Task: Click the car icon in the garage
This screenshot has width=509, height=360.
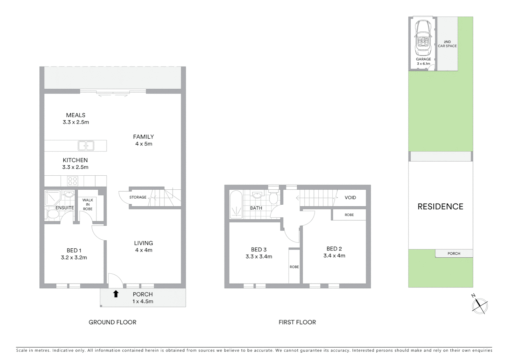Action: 423,39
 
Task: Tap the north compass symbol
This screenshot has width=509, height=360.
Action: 479,305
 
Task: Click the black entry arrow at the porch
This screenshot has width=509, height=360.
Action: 116,294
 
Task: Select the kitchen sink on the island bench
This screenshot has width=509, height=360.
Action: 86,146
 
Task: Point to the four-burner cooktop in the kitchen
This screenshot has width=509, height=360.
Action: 72,181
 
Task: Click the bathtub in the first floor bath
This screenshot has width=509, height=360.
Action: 236,204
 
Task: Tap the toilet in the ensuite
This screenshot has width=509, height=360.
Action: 53,214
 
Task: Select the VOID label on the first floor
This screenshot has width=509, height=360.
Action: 350,198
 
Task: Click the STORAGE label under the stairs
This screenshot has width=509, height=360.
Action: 138,197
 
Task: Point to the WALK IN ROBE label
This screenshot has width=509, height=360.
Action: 88,204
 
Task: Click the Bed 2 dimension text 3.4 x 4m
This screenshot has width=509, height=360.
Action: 334,256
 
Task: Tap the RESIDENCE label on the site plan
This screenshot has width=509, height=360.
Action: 440,207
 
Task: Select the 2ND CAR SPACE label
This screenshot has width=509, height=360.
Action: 447,44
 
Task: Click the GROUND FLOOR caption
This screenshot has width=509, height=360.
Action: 112,322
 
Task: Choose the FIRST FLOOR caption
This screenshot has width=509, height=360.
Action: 297,322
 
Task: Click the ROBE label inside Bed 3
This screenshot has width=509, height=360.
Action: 294,267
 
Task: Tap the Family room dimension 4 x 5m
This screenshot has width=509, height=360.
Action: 144,144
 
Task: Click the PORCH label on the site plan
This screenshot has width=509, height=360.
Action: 454,254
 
